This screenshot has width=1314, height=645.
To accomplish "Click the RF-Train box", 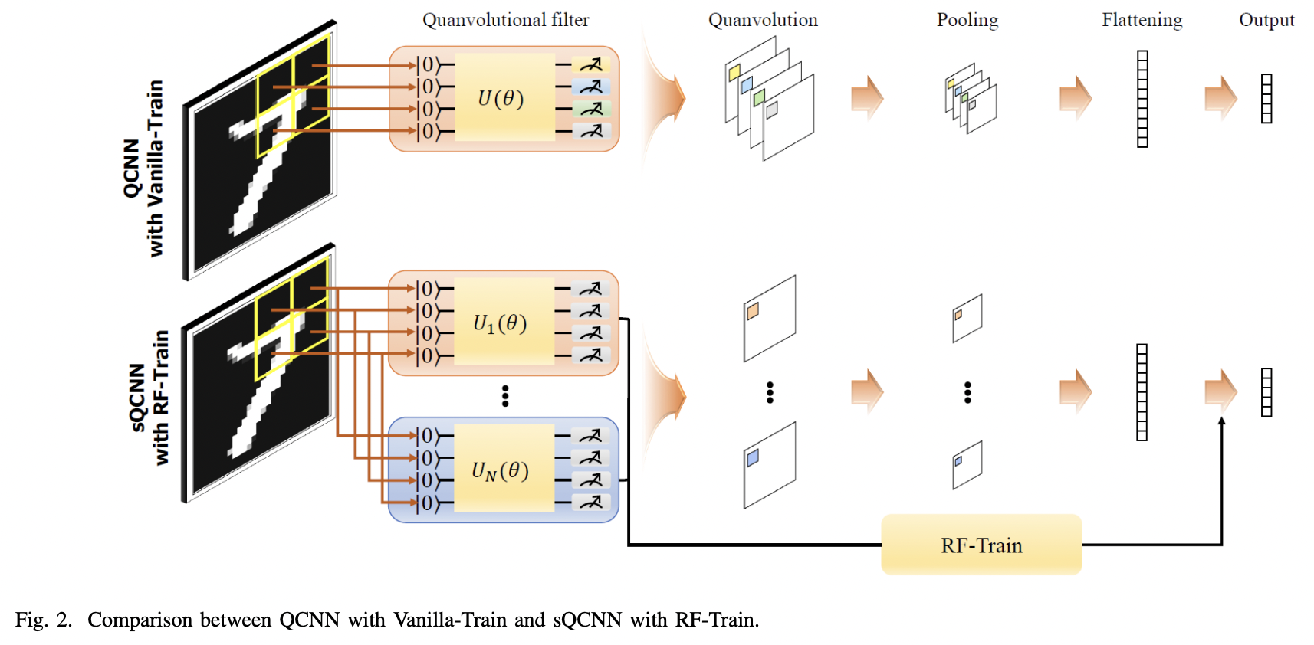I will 981,545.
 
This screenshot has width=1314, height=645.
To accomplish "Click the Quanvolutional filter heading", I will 505,20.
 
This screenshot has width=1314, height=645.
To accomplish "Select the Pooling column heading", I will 967,20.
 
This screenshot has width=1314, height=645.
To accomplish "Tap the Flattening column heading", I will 1142,20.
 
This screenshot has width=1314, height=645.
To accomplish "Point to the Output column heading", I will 1266,20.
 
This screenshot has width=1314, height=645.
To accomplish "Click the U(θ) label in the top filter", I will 501,98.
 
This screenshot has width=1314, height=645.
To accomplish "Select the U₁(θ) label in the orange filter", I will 500,323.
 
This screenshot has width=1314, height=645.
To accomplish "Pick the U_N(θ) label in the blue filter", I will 500,470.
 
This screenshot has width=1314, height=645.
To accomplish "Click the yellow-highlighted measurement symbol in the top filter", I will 591,65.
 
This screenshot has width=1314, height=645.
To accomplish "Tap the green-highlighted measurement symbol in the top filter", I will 591,110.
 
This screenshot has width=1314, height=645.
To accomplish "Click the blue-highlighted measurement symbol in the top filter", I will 591,87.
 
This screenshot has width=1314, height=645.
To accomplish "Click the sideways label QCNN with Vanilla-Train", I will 144,169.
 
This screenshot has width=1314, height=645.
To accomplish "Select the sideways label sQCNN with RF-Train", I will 149,398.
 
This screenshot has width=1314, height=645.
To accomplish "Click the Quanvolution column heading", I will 763,20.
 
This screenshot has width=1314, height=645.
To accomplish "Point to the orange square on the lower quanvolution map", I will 753,310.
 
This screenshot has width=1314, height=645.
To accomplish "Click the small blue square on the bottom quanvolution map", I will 753,457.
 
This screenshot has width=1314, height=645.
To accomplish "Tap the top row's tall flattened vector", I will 1142,99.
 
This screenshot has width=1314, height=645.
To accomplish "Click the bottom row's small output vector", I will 1266,392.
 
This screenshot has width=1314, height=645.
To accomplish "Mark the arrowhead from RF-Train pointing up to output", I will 1221,421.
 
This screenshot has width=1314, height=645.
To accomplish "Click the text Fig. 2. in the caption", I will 43,620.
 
